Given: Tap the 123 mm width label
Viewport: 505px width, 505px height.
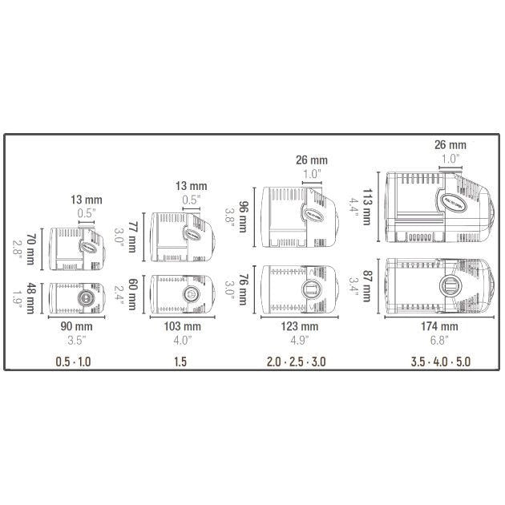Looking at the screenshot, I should pyautogui.click(x=298, y=326).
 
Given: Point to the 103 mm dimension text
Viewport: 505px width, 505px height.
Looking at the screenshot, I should pyautogui.click(x=182, y=326).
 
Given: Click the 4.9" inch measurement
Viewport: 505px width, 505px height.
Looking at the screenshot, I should pyautogui.click(x=298, y=339).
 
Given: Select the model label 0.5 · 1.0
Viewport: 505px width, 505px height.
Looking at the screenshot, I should pyautogui.click(x=73, y=362).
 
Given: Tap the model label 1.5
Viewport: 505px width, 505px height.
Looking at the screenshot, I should pyautogui.click(x=182, y=362).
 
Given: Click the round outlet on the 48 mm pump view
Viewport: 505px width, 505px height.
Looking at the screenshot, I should pyautogui.click(x=83, y=296).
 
